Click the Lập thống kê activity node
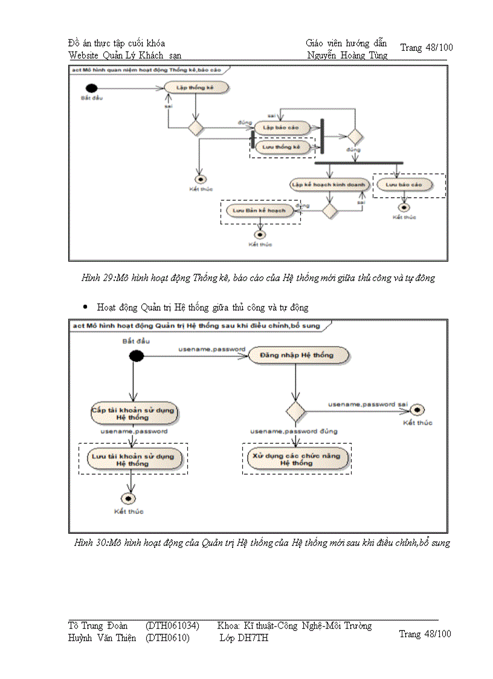coord(188,88)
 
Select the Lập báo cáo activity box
coord(282,128)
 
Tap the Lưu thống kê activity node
coord(282,147)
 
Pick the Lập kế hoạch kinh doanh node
coord(328,184)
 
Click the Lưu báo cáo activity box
coord(404,184)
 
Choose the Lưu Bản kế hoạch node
coord(260,210)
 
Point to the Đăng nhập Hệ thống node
coord(296,355)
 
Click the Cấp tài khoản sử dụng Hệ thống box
coord(133,414)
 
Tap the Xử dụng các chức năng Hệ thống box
coord(296,460)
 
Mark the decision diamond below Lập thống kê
coord(196,128)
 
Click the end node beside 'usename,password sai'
coord(417,411)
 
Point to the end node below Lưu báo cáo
coord(404,207)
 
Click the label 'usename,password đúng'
coord(294,431)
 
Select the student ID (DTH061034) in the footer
coord(172,625)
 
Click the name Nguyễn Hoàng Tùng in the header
coord(347,56)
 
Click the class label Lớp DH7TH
coord(244,638)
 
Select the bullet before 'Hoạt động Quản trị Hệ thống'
coord(86,307)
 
